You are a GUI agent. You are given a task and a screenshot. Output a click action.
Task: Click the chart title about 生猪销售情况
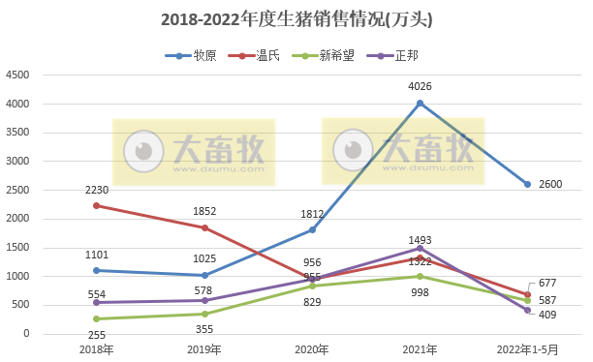(x=296, y=18)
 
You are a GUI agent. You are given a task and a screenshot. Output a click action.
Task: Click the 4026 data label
(x=420, y=87)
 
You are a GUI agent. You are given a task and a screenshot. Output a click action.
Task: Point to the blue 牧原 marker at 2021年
(x=420, y=103)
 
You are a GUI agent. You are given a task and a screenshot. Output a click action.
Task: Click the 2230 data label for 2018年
(x=95, y=190)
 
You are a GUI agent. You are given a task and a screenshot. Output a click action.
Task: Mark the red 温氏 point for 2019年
(x=203, y=227)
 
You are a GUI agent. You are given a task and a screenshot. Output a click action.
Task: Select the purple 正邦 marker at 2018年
(x=95, y=302)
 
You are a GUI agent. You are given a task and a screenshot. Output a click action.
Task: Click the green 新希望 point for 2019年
(x=203, y=314)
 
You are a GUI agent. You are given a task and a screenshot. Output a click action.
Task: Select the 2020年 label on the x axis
(x=311, y=349)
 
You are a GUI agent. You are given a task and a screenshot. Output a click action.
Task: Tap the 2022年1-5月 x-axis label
(x=527, y=349)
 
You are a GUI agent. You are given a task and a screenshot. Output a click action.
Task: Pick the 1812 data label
(x=312, y=214)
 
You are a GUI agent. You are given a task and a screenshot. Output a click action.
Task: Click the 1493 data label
(x=420, y=240)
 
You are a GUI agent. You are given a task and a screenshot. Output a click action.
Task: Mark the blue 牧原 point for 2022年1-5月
(x=527, y=184)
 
